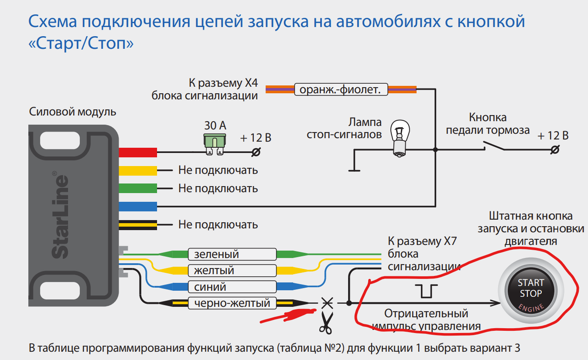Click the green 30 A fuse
[215, 143]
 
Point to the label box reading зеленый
[232, 254]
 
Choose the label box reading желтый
[232, 271]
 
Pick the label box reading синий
[232, 287]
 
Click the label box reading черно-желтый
[232, 303]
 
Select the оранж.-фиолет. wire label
[341, 90]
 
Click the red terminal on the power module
[138, 152]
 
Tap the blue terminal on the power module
[138, 206]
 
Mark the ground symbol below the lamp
[354, 170]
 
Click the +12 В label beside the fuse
[256, 138]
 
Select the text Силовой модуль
[73, 112]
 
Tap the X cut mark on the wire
[327, 302]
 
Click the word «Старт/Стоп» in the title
[81, 44]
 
